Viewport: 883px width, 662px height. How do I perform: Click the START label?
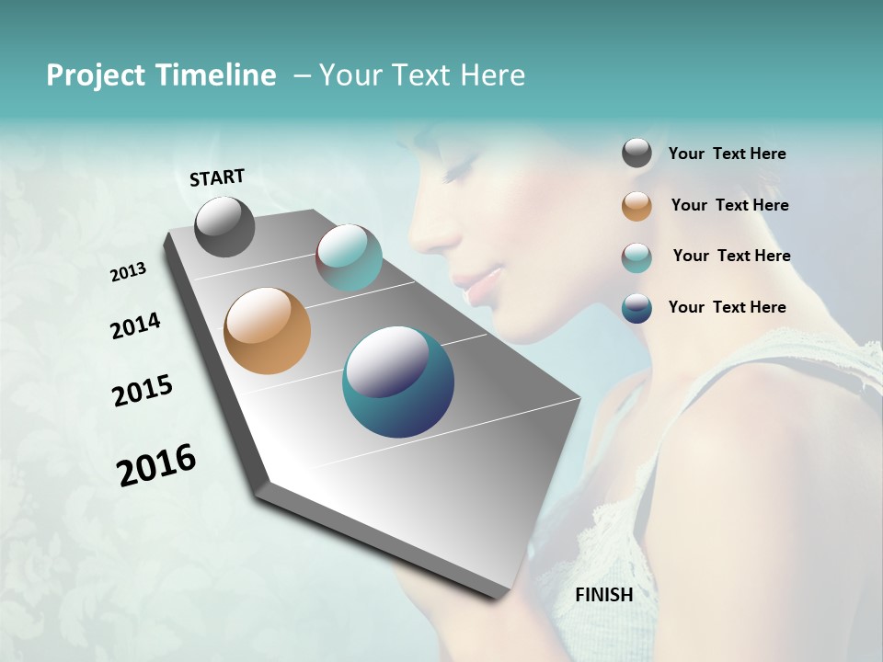(217, 177)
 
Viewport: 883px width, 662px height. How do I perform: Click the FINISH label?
(603, 595)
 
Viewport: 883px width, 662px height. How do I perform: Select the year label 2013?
(128, 271)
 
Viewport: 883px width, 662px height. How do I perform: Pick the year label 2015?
(143, 391)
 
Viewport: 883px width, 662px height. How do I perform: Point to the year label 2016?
(156, 465)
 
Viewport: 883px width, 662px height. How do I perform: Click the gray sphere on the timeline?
(225, 227)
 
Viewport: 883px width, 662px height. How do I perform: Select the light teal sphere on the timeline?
(349, 257)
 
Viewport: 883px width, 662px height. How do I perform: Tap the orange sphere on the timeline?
(268, 331)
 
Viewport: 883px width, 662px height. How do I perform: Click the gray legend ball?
(636, 154)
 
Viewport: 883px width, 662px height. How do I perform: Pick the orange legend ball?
(636, 206)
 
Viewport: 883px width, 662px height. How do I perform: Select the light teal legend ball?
(636, 257)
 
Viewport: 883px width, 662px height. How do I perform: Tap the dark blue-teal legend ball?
(636, 308)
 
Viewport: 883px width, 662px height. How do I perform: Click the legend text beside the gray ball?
(727, 154)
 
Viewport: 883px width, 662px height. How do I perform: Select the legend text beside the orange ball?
(729, 205)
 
